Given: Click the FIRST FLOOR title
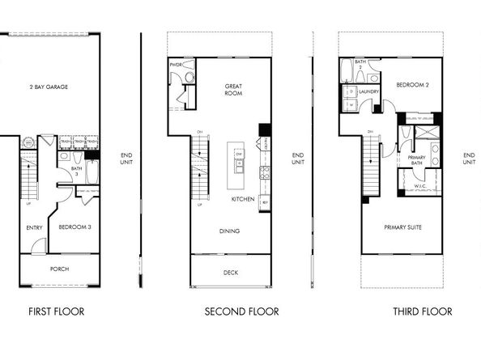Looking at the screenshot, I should (56, 311).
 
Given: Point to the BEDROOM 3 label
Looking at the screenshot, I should (74, 227).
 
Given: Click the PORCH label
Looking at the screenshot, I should (59, 269).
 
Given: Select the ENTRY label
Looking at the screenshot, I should (34, 227).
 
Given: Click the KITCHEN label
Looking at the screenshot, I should (244, 198).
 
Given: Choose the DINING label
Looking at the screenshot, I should (229, 231).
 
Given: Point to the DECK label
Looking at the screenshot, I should (230, 273).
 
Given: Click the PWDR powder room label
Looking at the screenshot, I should (175, 64).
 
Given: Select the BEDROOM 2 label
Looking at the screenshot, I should (412, 84).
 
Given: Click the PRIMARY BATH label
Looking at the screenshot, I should (417, 160).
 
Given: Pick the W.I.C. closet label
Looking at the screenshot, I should (419, 185).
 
